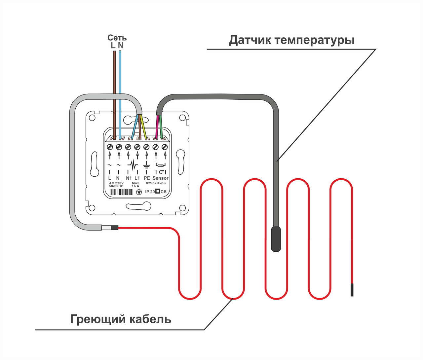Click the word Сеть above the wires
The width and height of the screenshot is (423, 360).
pyautogui.click(x=117, y=38)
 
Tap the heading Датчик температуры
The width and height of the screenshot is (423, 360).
pyautogui.click(x=291, y=40)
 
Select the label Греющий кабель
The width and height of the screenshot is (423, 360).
pyautogui.click(x=121, y=319)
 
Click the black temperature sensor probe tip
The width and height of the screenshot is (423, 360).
pyautogui.click(x=276, y=239)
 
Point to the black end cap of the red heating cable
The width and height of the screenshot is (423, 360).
pyautogui.click(x=352, y=290)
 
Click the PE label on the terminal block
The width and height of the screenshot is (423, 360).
pyautogui.click(x=147, y=178)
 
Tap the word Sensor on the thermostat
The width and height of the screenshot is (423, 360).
pyautogui.click(x=160, y=178)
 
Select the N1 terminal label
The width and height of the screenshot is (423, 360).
pyautogui.click(x=129, y=178)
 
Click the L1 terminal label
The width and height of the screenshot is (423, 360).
pyautogui.click(x=137, y=178)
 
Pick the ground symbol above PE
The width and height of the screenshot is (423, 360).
pyautogui.click(x=146, y=165)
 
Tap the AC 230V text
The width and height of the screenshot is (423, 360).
pyautogui.click(x=116, y=183)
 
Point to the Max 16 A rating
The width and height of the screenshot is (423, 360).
pyautogui.click(x=135, y=185)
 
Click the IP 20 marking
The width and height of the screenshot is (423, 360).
pyautogui.click(x=150, y=192)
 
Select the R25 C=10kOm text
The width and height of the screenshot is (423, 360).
pyautogui.click(x=156, y=183)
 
